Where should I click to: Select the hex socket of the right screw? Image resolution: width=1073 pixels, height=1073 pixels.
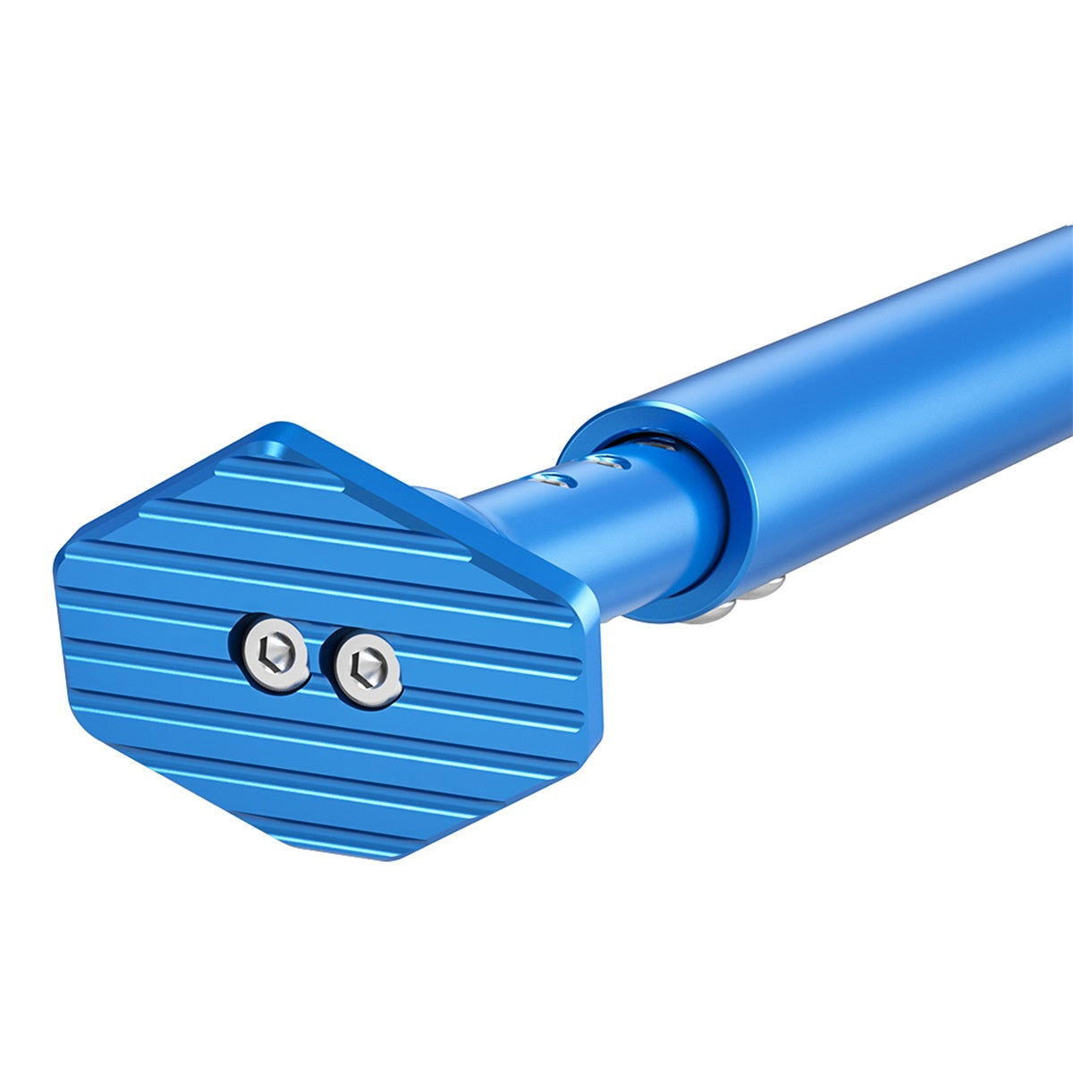point(365,664)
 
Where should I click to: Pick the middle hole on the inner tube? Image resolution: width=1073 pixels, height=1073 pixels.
point(610,461)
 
